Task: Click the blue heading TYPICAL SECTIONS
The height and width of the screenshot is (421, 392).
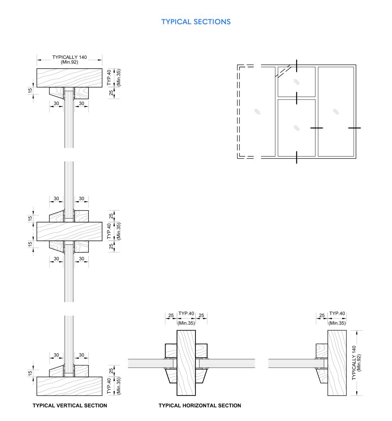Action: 196,21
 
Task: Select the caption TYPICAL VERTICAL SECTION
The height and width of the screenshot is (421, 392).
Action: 70,405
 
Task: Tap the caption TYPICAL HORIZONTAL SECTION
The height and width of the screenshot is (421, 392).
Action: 200,405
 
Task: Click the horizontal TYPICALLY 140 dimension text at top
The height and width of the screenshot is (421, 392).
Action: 70,57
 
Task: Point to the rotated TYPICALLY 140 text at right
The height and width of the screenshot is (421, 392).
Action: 354,363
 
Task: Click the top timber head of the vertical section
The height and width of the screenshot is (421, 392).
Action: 70,78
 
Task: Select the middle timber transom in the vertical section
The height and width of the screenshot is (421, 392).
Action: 70,231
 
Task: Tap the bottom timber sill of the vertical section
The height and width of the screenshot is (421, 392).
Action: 70,386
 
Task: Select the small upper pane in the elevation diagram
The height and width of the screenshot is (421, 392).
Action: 296,81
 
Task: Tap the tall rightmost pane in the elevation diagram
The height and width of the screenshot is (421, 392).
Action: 336,111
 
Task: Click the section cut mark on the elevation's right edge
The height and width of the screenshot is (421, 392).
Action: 355,128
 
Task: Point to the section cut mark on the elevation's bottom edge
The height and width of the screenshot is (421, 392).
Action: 297,157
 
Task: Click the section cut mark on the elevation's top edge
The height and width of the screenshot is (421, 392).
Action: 297,65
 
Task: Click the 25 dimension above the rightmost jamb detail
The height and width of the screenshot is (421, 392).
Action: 322,316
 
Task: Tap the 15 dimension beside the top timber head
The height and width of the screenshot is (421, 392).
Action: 30,90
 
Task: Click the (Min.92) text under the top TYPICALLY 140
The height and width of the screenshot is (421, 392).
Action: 70,62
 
